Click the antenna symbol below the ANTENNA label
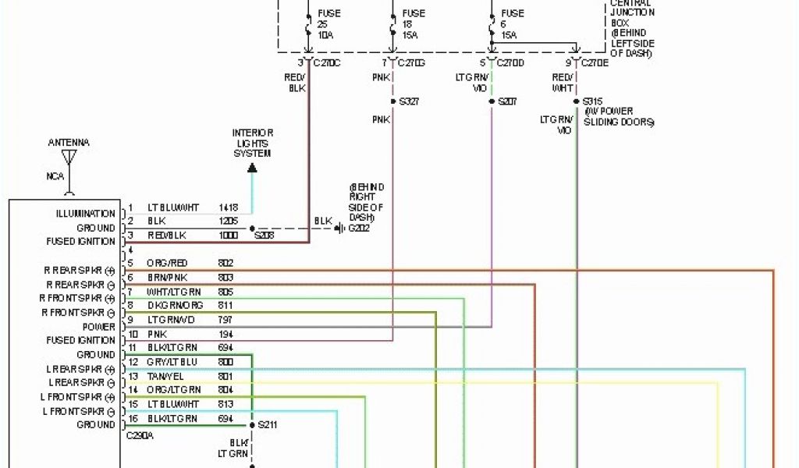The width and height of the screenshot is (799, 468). (69, 158)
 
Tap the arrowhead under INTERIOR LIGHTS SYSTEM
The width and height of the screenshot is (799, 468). (252, 166)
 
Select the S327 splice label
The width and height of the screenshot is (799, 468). (410, 101)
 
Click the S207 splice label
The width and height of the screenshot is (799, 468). (508, 101)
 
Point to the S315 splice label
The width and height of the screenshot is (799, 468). (594, 101)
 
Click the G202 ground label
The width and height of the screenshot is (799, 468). (360, 229)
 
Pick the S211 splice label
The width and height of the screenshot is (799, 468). (268, 426)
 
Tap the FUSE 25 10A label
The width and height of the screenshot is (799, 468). (328, 24)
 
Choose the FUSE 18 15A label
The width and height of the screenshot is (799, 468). (414, 24)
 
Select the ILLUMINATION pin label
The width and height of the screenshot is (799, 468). (86, 214)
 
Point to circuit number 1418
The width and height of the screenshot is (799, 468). (229, 208)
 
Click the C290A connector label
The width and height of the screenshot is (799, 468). (140, 437)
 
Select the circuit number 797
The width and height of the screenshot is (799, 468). (226, 320)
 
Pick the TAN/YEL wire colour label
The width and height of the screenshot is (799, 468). (162, 376)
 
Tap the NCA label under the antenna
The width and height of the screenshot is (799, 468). (55, 176)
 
